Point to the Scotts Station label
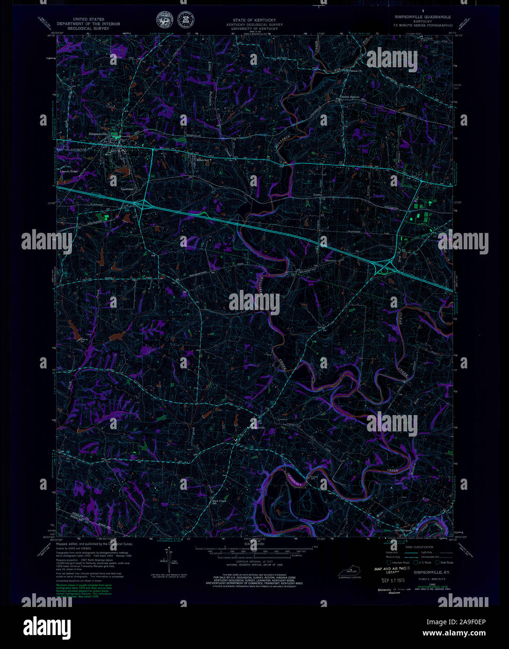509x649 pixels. [x=350, y=97]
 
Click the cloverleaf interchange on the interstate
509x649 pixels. [x=385, y=269]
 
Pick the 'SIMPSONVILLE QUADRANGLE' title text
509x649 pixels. [x=422, y=17]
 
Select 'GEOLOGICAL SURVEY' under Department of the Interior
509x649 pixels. [x=88, y=28]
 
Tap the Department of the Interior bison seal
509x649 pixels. [x=164, y=20]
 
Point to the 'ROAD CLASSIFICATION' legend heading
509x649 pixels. [x=419, y=547]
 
